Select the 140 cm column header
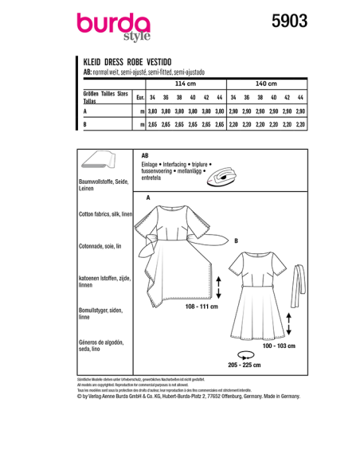[x=267, y=82]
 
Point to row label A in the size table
[x=84, y=112]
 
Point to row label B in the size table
[x=84, y=125]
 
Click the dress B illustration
[x=256, y=295]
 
